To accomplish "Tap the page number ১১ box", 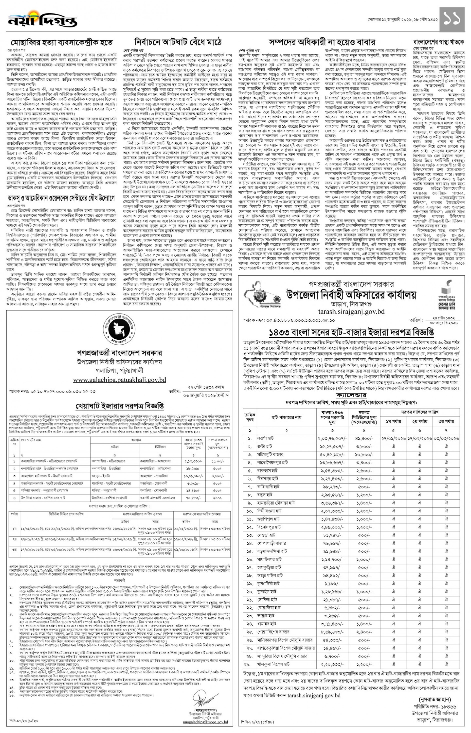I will click(x=452, y=19).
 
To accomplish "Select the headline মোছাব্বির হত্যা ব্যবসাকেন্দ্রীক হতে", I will click(x=61, y=42).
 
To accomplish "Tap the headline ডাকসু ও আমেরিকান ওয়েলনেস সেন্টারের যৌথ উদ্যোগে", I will click(x=61, y=199).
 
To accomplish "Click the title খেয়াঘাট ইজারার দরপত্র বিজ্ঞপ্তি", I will click(x=120, y=406).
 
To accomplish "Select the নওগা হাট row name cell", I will click(x=265, y=438).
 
